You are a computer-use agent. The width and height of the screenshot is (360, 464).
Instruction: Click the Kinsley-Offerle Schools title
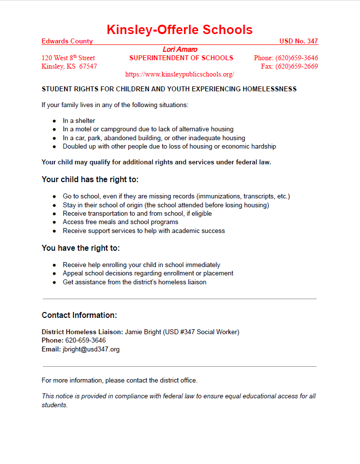180,30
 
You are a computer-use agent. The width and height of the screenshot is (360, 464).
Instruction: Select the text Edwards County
67,41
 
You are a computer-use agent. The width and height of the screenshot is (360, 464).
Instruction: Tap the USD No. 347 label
298,41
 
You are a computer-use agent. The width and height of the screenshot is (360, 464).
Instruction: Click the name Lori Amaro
180,49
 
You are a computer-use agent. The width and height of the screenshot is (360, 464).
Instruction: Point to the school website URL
180,75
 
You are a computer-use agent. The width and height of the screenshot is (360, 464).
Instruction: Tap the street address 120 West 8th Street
68,58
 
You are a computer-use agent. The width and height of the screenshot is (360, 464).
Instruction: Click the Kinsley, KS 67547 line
69,67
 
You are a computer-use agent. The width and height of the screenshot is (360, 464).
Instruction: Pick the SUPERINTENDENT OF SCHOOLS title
181,58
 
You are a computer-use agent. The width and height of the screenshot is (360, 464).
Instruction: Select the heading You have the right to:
81,248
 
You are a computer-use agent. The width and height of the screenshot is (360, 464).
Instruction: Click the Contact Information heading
79,315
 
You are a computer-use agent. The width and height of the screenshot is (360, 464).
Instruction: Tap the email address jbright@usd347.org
91,349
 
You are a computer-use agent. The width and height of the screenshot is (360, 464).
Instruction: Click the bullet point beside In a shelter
54,121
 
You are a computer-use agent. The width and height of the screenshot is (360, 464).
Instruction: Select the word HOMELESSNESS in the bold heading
269,89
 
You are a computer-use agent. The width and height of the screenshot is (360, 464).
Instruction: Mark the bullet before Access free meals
54,222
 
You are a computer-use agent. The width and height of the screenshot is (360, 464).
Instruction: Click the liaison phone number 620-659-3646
85,341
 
